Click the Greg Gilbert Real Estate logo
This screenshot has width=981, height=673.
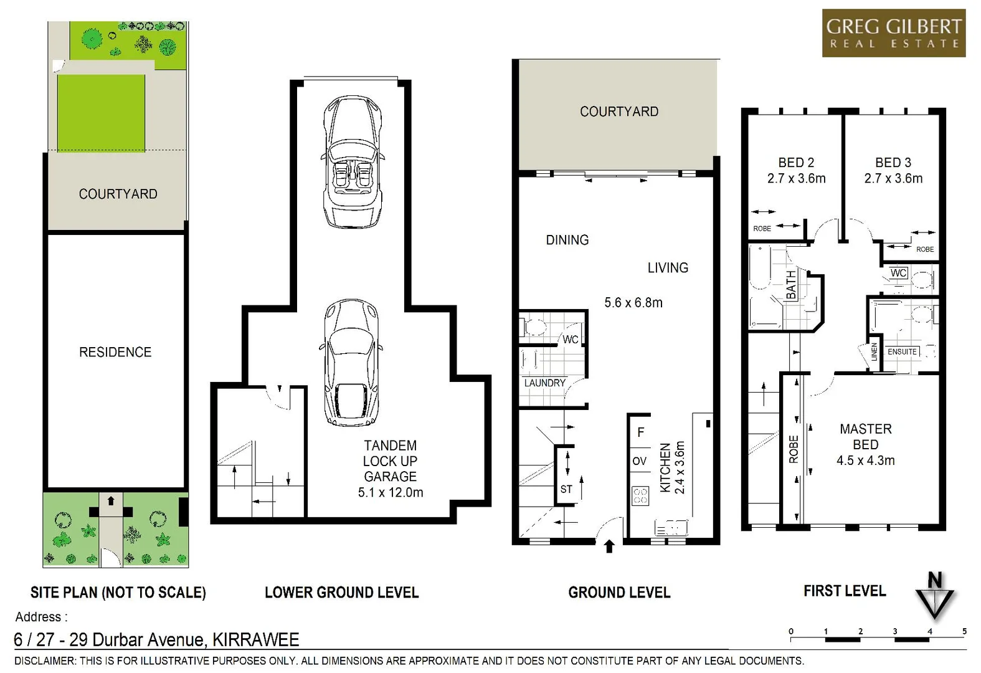click(893, 33)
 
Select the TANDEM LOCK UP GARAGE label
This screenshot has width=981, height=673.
click(390, 461)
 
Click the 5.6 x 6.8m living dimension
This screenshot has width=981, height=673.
click(633, 303)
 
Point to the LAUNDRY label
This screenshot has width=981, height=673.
click(544, 383)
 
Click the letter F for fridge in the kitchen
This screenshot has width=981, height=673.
click(640, 432)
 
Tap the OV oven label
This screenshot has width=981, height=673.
click(640, 461)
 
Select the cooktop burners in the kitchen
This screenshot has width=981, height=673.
click(640, 496)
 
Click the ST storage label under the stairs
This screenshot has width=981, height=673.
click(566, 489)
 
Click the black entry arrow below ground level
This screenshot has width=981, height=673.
click(609, 547)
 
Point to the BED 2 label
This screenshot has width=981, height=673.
click(796, 163)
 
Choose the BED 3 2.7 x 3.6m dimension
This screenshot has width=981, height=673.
click(893, 179)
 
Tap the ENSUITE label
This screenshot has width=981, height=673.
click(902, 352)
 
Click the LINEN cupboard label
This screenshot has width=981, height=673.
click(874, 352)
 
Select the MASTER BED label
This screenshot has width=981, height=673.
click(865, 436)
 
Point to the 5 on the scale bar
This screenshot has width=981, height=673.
click(964, 631)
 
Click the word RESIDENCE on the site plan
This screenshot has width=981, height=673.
click(115, 352)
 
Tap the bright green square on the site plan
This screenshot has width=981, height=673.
click(102, 113)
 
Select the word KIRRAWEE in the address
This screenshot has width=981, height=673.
click(255, 640)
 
